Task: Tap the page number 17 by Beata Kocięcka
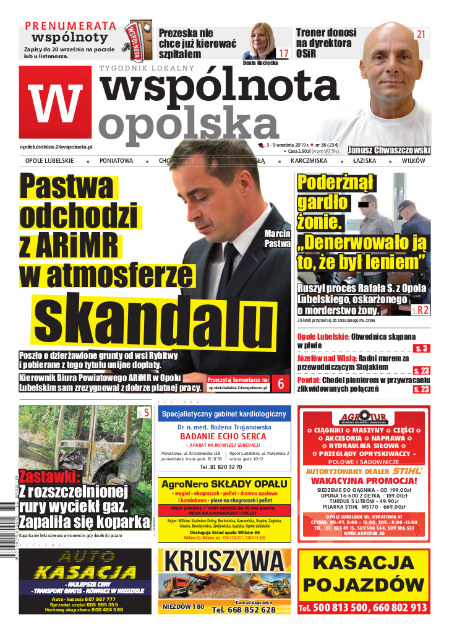click(283, 53)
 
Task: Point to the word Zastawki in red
click(49, 477)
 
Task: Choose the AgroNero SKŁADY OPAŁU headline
click(223, 483)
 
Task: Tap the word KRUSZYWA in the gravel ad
click(223, 562)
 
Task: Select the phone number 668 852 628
click(243, 609)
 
